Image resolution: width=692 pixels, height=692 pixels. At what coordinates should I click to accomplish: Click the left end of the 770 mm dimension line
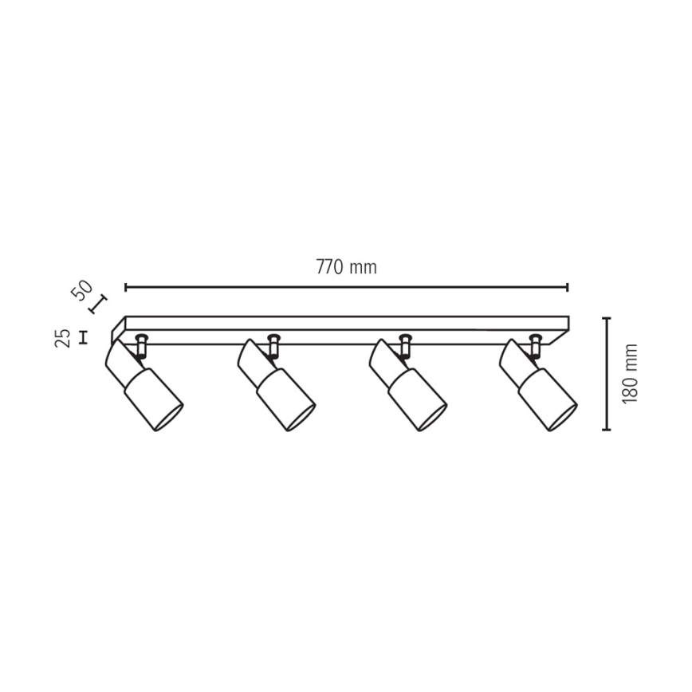tap(126, 288)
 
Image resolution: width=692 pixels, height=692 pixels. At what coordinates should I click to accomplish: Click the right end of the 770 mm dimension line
tap(567, 288)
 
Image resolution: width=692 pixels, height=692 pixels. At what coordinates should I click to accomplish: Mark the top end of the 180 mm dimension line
tap(607, 318)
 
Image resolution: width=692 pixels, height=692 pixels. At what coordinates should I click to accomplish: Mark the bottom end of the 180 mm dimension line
tap(607, 429)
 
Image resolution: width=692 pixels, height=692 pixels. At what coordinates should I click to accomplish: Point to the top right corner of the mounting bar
tap(568, 317)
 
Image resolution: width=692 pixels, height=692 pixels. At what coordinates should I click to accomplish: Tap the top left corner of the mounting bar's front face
tap(126, 317)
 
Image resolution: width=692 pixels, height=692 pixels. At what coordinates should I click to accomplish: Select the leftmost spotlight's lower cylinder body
tap(153, 399)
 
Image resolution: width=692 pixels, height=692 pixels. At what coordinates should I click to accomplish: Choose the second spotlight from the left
tap(276, 383)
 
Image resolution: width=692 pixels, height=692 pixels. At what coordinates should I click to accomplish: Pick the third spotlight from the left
tap(408, 383)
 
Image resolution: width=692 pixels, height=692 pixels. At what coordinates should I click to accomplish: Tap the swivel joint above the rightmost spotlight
tap(536, 344)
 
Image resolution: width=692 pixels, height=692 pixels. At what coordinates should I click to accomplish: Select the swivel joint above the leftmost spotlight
tap(142, 344)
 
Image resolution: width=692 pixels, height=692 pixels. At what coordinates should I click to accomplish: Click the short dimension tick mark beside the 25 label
tap(83, 337)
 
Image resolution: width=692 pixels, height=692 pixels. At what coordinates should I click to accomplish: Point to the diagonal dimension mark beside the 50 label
tap(97, 305)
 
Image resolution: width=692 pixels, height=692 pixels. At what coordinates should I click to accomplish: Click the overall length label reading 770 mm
tap(347, 267)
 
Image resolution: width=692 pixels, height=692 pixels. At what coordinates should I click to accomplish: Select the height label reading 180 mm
tap(631, 373)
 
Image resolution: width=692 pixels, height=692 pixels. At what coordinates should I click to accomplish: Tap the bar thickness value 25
tap(63, 337)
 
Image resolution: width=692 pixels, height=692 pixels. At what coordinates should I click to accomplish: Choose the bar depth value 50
tap(82, 289)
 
